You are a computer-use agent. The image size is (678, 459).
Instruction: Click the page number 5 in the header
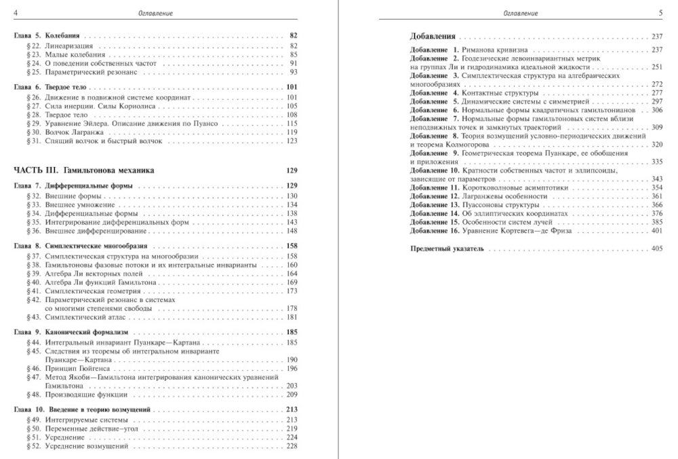pyautogui.click(x=660, y=13)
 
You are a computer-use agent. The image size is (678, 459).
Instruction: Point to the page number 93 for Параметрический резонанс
pyautogui.click(x=294, y=71)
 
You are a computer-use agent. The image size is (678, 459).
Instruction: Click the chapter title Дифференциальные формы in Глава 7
pyautogui.click(x=94, y=186)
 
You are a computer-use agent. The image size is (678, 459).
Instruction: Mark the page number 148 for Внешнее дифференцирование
pyautogui.click(x=292, y=231)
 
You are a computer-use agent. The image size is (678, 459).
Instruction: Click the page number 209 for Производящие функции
pyautogui.click(x=292, y=394)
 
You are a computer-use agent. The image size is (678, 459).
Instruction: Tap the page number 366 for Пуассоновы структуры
pyautogui.click(x=656, y=204)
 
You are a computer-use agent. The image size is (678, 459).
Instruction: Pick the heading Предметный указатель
pyautogui.click(x=447, y=249)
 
